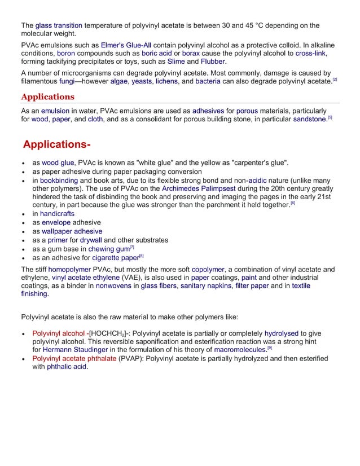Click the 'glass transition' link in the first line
click(x=59, y=25)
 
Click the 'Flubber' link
click(x=213, y=61)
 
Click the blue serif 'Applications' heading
click(x=47, y=96)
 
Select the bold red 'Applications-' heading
click(x=57, y=144)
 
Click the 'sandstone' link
click(x=309, y=120)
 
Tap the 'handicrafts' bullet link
click(x=57, y=214)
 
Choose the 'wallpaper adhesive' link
click(x=72, y=231)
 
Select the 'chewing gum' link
click(x=109, y=249)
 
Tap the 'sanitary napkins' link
click(x=204, y=286)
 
